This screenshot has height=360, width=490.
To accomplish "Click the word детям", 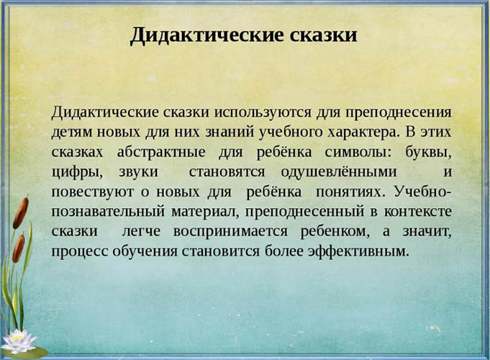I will (71, 133).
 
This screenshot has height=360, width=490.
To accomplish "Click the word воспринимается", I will (266, 232).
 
